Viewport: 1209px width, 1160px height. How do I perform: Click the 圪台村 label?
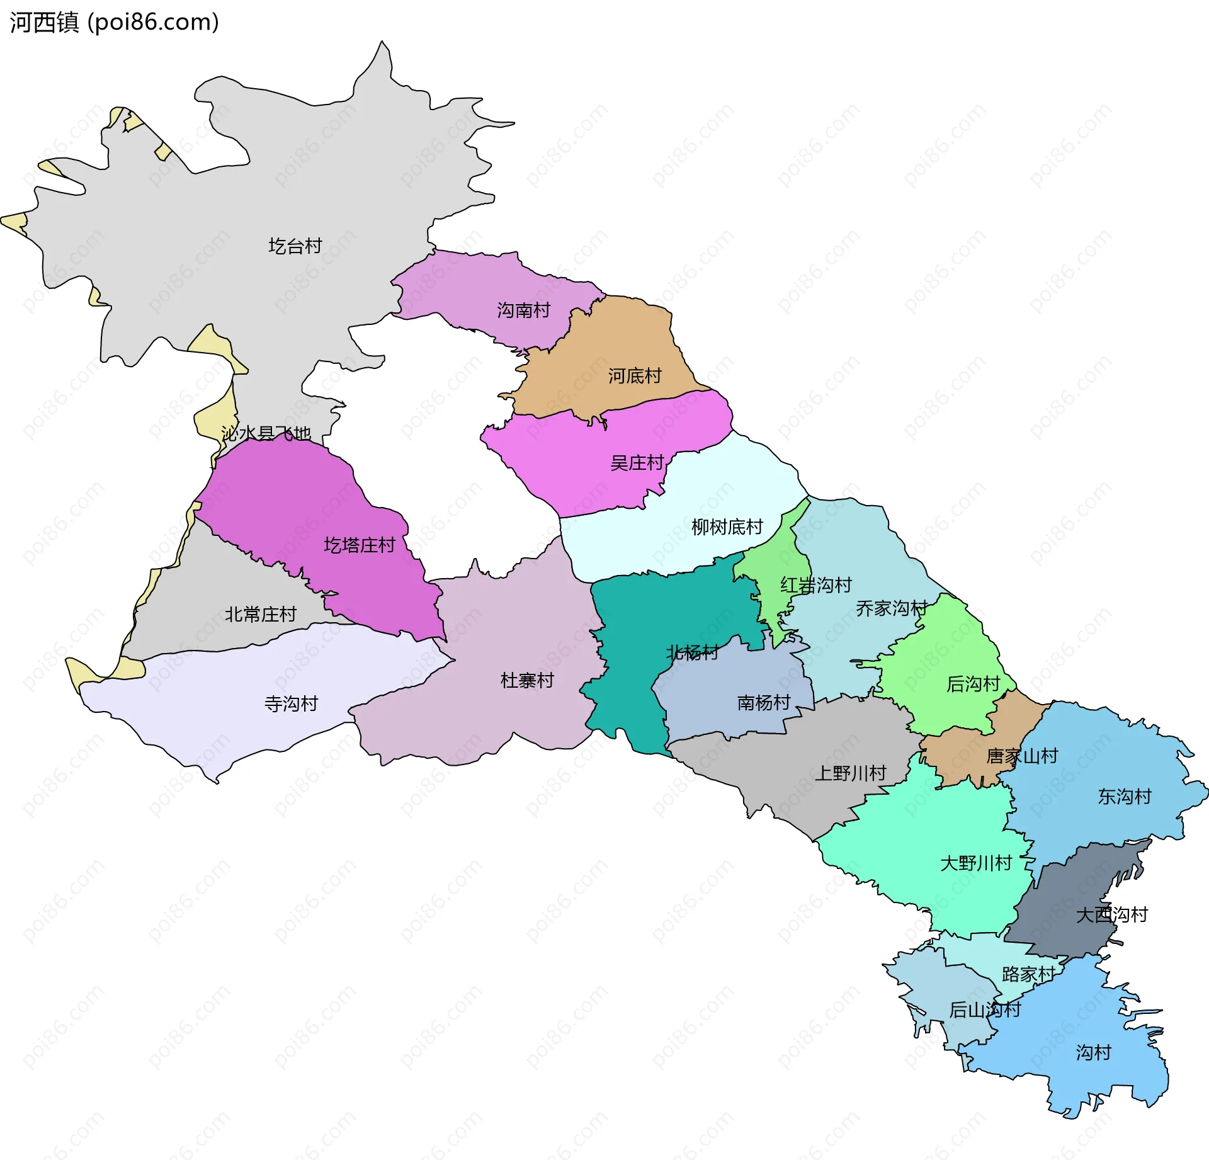tap(295, 246)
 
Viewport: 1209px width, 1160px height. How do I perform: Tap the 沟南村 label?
tap(523, 310)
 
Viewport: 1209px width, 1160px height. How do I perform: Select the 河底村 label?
tap(634, 377)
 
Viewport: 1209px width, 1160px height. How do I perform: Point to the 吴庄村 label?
tap(637, 463)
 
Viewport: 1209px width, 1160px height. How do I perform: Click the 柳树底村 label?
tap(727, 527)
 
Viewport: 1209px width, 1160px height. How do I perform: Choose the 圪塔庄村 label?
tap(359, 545)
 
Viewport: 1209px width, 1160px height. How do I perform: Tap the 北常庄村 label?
tap(260, 615)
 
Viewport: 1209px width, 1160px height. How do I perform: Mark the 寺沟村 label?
tap(291, 704)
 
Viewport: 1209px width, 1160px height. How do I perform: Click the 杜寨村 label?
tap(527, 681)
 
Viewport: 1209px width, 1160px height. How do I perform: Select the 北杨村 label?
tap(692, 652)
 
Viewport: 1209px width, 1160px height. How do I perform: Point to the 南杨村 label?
tap(763, 703)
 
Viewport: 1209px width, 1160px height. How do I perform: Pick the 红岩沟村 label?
tap(815, 586)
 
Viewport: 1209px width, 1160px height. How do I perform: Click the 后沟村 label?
tap(973, 684)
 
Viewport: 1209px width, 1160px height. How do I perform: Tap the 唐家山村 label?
tap(1021, 756)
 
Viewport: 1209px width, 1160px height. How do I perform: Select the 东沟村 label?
tap(1124, 797)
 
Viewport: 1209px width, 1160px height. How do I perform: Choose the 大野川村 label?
tap(975, 863)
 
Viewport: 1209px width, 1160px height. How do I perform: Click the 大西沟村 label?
tap(1111, 915)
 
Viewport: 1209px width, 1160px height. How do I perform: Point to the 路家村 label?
tap(1028, 975)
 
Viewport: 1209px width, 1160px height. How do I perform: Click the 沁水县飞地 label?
tap(266, 434)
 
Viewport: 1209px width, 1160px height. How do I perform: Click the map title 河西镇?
tap(44, 23)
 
